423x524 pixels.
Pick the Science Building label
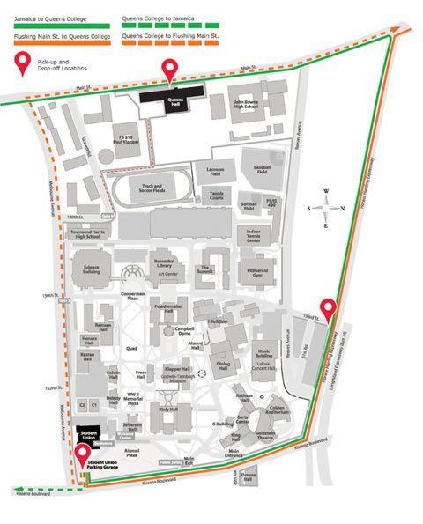click(x=91, y=269)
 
